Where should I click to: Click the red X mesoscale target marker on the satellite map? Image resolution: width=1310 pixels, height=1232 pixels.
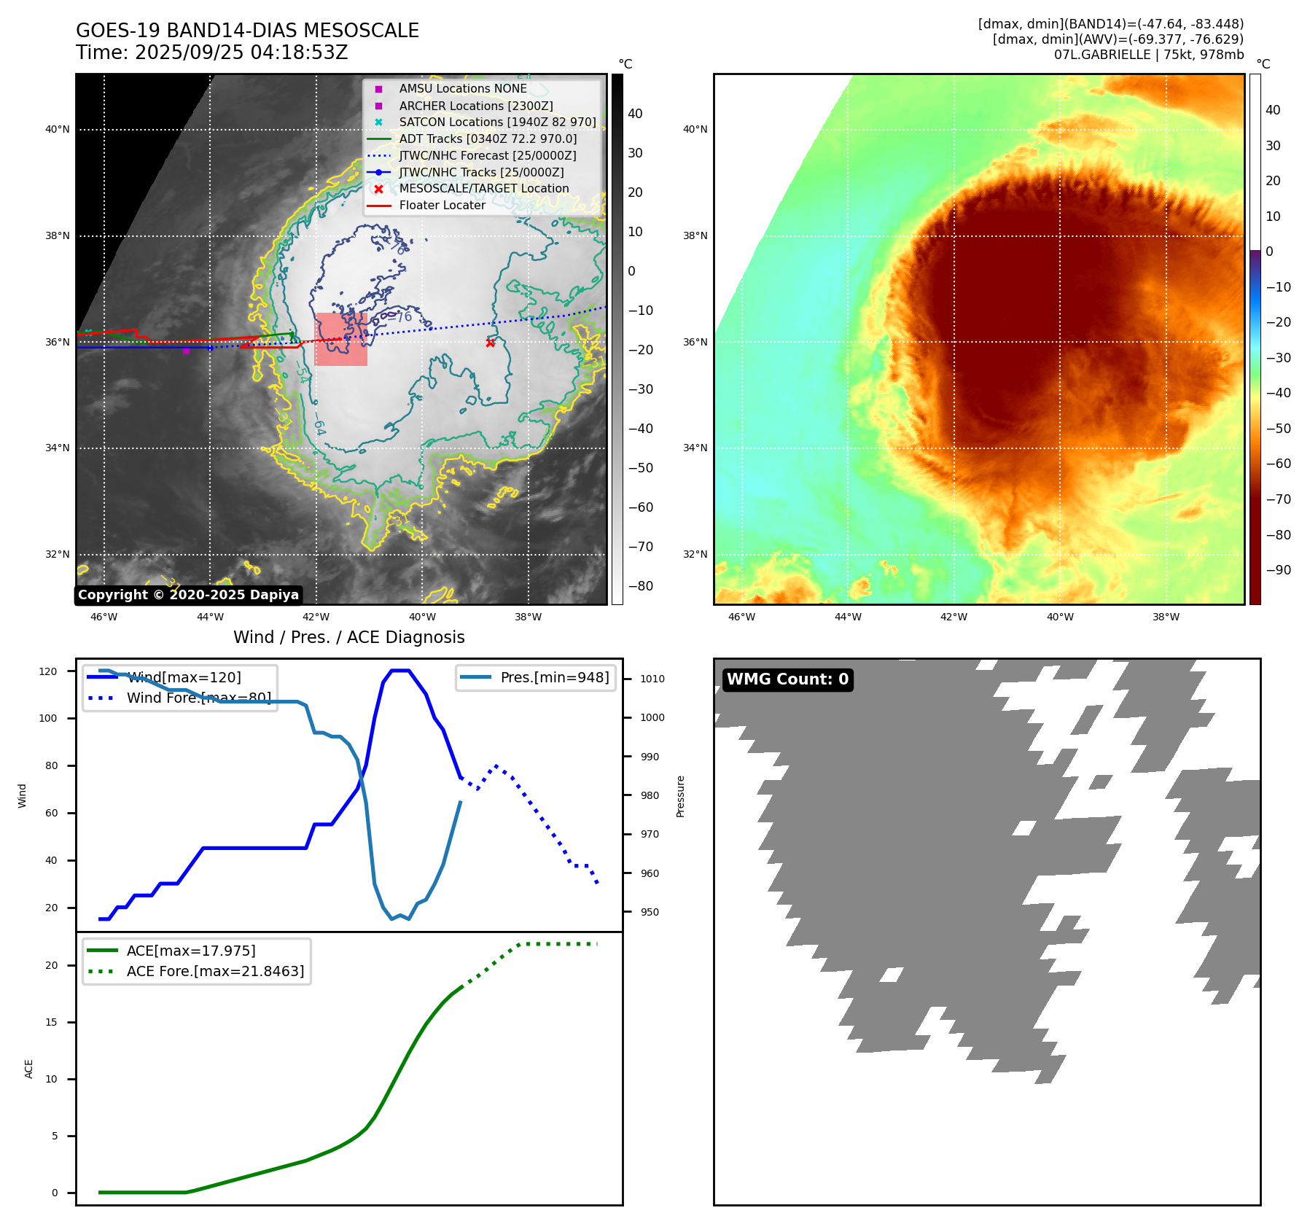pos(490,343)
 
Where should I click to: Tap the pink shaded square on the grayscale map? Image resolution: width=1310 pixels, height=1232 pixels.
pos(340,340)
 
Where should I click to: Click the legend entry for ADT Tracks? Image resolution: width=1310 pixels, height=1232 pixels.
pos(488,139)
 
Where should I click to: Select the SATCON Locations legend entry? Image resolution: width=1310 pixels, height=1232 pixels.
pos(497,122)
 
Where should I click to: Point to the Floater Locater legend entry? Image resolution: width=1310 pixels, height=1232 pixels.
pos(442,206)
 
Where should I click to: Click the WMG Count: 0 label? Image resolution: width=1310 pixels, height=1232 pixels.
pos(787,679)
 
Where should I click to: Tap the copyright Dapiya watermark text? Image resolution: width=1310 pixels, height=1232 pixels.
pos(188,595)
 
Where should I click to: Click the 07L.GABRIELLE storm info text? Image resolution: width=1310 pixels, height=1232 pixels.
pos(1148,55)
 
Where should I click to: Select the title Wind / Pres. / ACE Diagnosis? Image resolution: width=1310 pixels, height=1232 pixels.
pos(348,637)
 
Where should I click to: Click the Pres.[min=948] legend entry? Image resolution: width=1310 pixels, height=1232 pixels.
pos(554,677)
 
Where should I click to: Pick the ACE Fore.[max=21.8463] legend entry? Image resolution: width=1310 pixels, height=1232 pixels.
pos(215,971)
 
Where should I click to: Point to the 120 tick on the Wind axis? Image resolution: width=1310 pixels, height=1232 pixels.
pos(48,671)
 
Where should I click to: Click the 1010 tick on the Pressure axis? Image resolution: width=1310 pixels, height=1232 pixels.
pos(652,679)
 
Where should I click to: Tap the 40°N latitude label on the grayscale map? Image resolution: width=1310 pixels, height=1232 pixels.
pos(58,130)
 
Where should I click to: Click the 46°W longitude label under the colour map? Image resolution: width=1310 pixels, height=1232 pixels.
pos(741,617)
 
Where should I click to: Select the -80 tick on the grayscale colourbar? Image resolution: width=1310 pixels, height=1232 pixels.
pos(641,586)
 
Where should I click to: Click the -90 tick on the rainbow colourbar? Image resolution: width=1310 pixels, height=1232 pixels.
pos(1278,570)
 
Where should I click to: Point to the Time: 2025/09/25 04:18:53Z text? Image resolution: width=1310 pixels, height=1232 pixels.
pos(212,53)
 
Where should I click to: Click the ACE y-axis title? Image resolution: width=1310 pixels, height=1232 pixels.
pos(29,1069)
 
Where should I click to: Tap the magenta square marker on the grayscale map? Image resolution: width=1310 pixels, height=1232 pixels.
pos(186,351)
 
